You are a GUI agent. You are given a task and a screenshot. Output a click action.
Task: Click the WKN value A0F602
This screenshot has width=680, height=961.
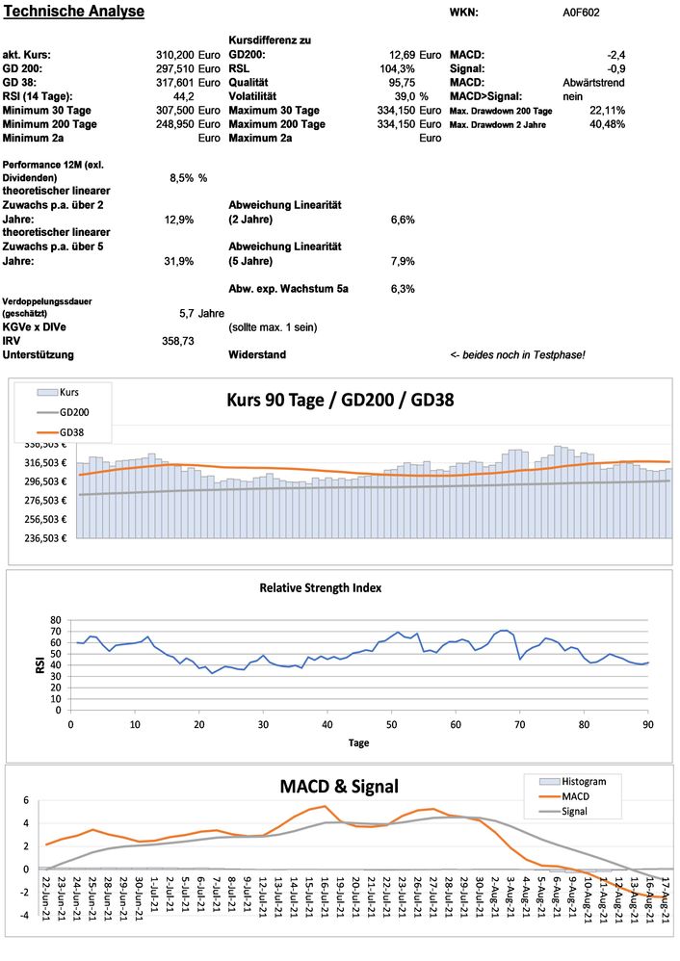[x=583, y=13]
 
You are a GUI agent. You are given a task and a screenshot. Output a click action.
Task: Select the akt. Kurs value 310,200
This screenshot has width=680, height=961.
[x=175, y=55]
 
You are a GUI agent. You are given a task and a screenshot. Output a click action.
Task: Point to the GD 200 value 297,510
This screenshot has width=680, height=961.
[x=175, y=68]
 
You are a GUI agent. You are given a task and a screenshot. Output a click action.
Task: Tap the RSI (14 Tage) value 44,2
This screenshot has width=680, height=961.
[x=184, y=96]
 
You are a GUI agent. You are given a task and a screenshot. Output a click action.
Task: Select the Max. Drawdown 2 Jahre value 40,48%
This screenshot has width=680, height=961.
[x=607, y=124]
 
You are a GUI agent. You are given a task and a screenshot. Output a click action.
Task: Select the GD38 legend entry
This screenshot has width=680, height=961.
[x=72, y=432]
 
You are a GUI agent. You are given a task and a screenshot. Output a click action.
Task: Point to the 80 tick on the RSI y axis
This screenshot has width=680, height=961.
[x=55, y=620]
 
